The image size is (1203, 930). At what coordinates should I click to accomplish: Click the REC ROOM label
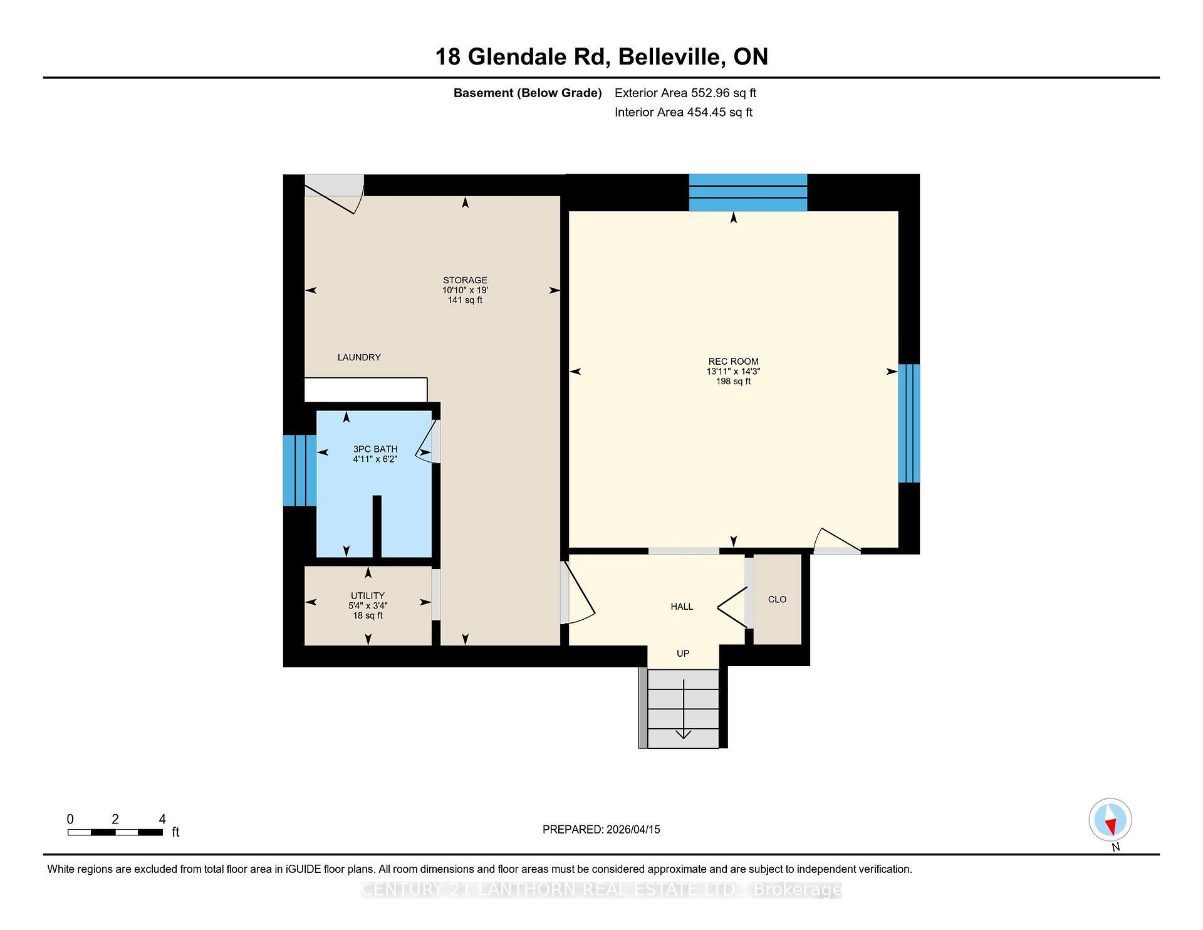(733, 361)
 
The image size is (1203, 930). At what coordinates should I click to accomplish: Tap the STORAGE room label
(465, 280)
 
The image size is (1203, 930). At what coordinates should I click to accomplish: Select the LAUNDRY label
(359, 357)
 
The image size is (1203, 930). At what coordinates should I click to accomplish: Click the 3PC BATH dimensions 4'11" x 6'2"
(375, 459)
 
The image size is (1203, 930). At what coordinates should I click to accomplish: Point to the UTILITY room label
(368, 595)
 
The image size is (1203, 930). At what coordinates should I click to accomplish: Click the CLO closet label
(777, 599)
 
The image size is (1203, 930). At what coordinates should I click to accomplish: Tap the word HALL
(682, 606)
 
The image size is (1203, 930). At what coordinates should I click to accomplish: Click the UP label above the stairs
(683, 653)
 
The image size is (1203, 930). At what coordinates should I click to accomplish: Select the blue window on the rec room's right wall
(909, 423)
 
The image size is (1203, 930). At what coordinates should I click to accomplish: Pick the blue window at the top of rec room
(747, 192)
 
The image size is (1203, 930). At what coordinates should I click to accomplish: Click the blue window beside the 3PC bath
(299, 470)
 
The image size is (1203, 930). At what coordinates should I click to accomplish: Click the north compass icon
(1110, 820)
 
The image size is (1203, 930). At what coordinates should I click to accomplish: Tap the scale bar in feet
(115, 832)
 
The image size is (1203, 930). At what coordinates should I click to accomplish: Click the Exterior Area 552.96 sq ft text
(685, 93)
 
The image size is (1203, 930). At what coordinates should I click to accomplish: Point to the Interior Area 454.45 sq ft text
(683, 112)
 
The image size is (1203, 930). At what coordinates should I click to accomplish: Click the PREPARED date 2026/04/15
(601, 829)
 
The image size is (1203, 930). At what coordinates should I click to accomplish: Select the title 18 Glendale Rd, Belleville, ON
(601, 56)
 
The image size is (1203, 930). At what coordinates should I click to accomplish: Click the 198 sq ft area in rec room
(733, 381)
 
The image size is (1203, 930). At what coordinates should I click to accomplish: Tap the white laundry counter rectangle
(365, 389)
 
